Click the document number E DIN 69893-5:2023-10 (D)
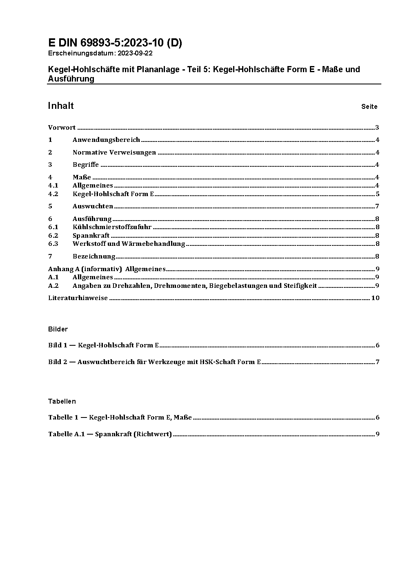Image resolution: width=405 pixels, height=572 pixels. pos(115,43)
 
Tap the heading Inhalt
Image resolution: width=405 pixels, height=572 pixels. pos(61,106)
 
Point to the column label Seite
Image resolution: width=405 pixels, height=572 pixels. pos(369,107)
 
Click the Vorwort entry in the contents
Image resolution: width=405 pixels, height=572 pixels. pos(62,128)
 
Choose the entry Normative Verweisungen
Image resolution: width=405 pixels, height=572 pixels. pos(114,152)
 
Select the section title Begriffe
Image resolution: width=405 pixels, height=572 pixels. pos(86,165)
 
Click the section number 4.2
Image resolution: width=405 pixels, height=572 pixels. pos(53,194)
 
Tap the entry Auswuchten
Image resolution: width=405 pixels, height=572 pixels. pos(93,206)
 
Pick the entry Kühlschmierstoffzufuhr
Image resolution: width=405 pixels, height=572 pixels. pos(112,227)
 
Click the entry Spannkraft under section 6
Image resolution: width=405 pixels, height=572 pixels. pos(91,236)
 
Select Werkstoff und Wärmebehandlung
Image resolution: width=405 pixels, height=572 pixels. pos(129,244)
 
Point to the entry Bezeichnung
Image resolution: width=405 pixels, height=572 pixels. pos(94,256)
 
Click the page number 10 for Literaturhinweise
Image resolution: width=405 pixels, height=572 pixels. pos(375,298)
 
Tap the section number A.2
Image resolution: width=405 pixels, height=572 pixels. pos(53,286)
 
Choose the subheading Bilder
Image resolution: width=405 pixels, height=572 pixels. pos(58,329)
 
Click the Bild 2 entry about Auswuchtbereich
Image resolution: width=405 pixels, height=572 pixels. pos(154,362)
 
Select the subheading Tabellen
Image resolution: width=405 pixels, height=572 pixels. pos(62,401)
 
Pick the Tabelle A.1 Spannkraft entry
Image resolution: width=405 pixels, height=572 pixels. pos(110,434)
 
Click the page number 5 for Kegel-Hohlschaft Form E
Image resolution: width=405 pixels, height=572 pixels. pos(378,194)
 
